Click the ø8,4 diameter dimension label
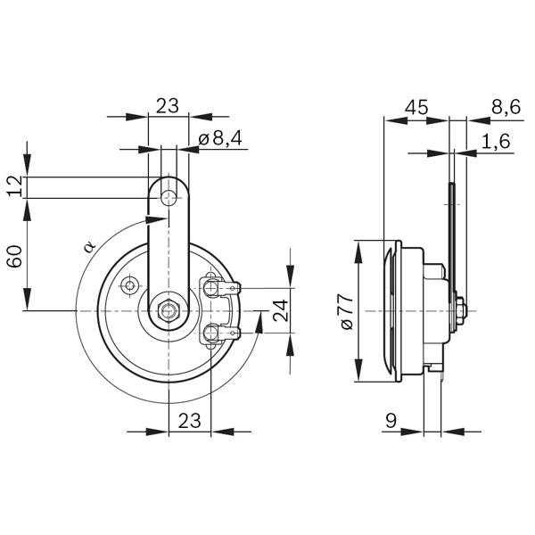219,138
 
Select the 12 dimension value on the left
16,186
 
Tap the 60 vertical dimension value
16,256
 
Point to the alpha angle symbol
90,246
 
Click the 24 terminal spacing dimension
282,310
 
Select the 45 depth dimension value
416,107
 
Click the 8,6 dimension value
506,107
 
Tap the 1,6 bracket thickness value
496,141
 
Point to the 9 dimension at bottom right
391,421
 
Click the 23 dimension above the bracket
168,106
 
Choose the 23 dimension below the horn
189,420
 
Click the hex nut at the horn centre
168,310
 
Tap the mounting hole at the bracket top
169,198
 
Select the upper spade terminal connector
221,288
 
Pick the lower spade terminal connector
221,333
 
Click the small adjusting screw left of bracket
129,284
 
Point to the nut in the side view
460,311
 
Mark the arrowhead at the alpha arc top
156,220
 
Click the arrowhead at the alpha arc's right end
259,322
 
